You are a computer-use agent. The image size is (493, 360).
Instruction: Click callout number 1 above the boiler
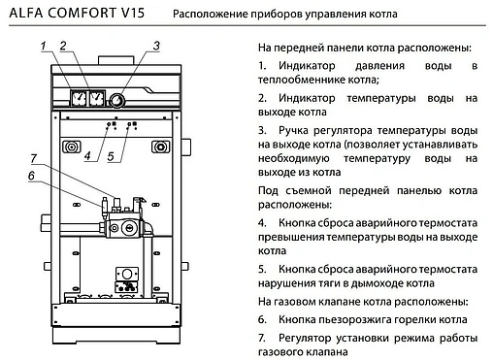tap(45, 46)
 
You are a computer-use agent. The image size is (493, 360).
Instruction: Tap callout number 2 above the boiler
tap(63, 46)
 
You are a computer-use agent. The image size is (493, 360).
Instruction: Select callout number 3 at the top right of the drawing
tap(156, 46)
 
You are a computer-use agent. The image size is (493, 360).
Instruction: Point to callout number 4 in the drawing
tap(87, 155)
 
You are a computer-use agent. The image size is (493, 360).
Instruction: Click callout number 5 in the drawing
tap(111, 155)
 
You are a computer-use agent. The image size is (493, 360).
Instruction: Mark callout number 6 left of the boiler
tap(31, 176)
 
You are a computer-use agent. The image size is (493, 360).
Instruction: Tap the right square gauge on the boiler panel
tap(95, 97)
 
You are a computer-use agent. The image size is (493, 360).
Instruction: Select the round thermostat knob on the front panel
tap(118, 98)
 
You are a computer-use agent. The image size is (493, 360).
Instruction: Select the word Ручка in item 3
tap(290, 130)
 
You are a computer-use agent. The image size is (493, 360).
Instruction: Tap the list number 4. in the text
tap(262, 221)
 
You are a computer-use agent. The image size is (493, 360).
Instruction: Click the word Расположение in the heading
tap(212, 14)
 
